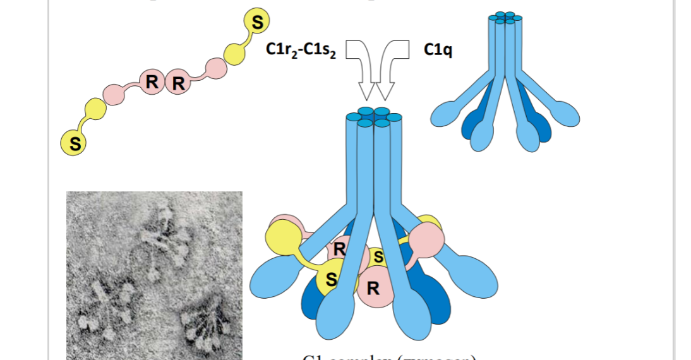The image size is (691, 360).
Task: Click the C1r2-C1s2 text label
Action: pos(302,51)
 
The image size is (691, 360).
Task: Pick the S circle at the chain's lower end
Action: pos(75,143)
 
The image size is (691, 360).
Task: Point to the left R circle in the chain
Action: pos(152,81)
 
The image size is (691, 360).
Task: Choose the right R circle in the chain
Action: pos(178,83)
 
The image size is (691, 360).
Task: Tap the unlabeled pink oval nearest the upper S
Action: pos(216,68)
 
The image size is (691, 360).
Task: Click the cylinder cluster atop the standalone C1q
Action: pos(505,17)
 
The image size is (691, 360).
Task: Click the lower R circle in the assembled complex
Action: pos(373,289)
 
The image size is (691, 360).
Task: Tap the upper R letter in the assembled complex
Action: pos(339,249)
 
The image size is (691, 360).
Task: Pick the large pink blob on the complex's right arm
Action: pos(428,241)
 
